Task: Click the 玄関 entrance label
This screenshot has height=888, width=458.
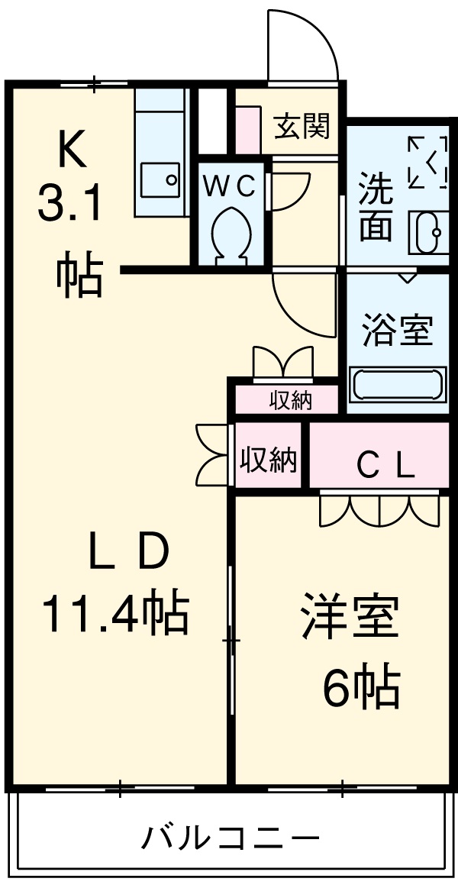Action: pyautogui.click(x=303, y=126)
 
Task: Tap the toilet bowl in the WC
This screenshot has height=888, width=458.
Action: pyautogui.click(x=231, y=233)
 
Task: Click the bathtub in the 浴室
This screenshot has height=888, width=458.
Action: pyautogui.click(x=397, y=384)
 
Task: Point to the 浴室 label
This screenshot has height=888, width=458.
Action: pyautogui.click(x=397, y=331)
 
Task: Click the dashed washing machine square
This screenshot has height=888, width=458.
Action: pyautogui.click(x=427, y=162)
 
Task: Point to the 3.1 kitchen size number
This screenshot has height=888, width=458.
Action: pyautogui.click(x=70, y=206)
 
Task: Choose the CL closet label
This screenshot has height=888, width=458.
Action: pyautogui.click(x=386, y=465)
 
